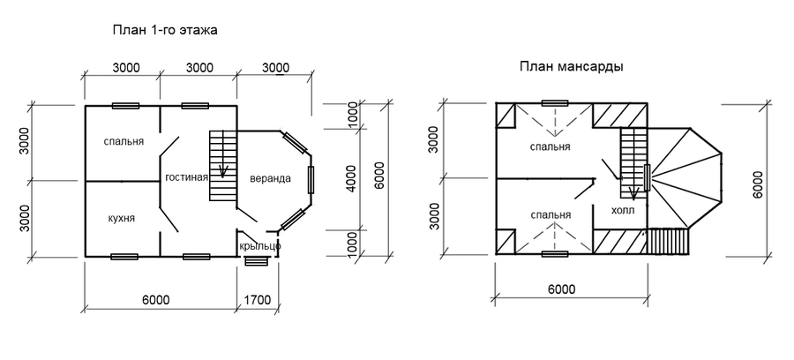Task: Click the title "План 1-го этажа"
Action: click(x=165, y=30)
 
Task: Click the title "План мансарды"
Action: click(x=571, y=67)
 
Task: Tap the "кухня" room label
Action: click(x=122, y=218)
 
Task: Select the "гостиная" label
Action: click(x=186, y=177)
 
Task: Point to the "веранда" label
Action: click(x=271, y=178)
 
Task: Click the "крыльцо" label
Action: click(x=259, y=246)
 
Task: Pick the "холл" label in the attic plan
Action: click(x=623, y=211)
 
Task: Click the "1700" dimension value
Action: click(x=258, y=300)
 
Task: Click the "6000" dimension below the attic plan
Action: click(x=561, y=289)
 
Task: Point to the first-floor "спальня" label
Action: click(x=124, y=142)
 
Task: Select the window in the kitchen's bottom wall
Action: click(x=124, y=257)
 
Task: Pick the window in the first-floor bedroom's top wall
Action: click(x=125, y=106)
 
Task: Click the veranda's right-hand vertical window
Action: click(x=311, y=180)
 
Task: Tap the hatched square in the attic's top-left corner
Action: click(x=506, y=115)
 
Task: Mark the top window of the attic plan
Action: click(x=555, y=103)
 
